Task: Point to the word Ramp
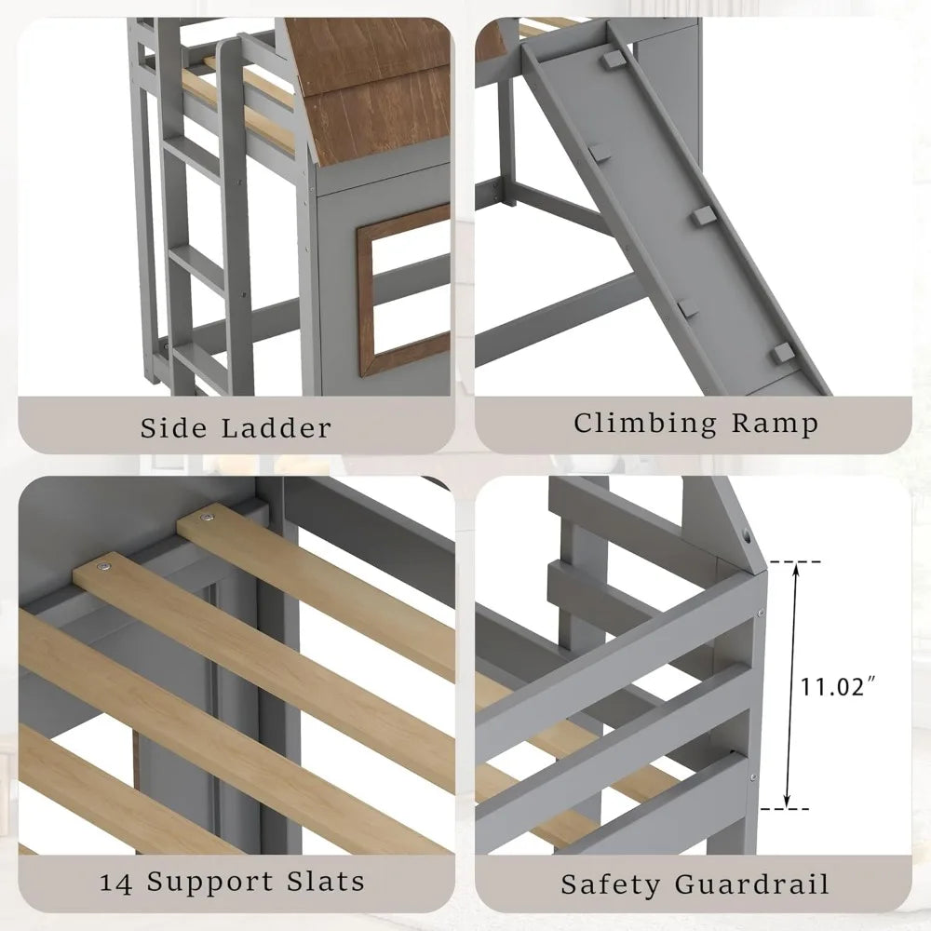pyautogui.click(x=774, y=424)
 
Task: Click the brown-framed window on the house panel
pyautogui.click(x=403, y=289)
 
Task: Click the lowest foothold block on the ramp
pyautogui.click(x=785, y=353)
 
